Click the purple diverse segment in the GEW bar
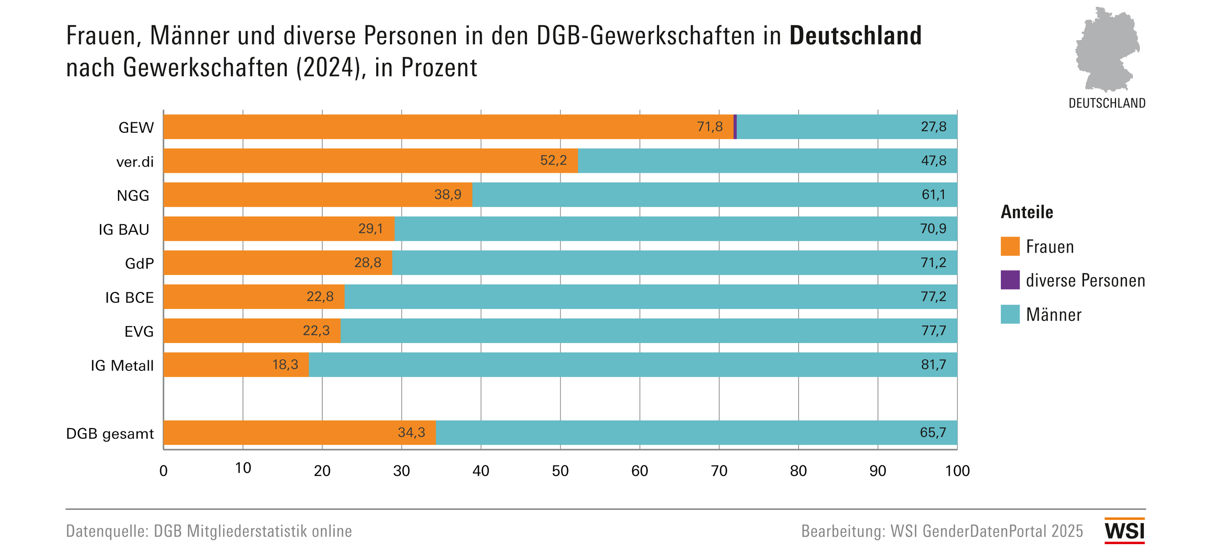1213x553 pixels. pyautogui.click(x=735, y=127)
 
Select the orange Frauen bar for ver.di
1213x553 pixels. pyautogui.click(x=370, y=161)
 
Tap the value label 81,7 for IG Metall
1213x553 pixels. pyautogui.click(x=933, y=364)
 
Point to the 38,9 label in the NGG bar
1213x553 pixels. pyautogui.click(x=447, y=195)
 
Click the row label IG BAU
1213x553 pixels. pyautogui.click(x=124, y=229)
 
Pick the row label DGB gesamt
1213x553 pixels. pyautogui.click(x=110, y=433)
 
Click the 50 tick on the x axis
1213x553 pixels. pyautogui.click(x=560, y=470)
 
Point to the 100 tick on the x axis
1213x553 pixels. pyautogui.click(x=957, y=470)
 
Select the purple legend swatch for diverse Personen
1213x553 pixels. pyautogui.click(x=1010, y=280)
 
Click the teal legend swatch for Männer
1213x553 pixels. pyautogui.click(x=1010, y=314)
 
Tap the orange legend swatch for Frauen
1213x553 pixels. pyautogui.click(x=1010, y=246)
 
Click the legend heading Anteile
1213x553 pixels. pyautogui.click(x=1026, y=212)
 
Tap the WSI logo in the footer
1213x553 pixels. pyautogui.click(x=1124, y=531)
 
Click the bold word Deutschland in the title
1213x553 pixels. pyautogui.click(x=855, y=36)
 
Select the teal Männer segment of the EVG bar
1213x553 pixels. pyautogui.click(x=649, y=330)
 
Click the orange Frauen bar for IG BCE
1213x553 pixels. pyautogui.click(x=254, y=297)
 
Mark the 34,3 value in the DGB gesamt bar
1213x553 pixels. pyautogui.click(x=411, y=432)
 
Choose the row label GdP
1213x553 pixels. pyautogui.click(x=139, y=264)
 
